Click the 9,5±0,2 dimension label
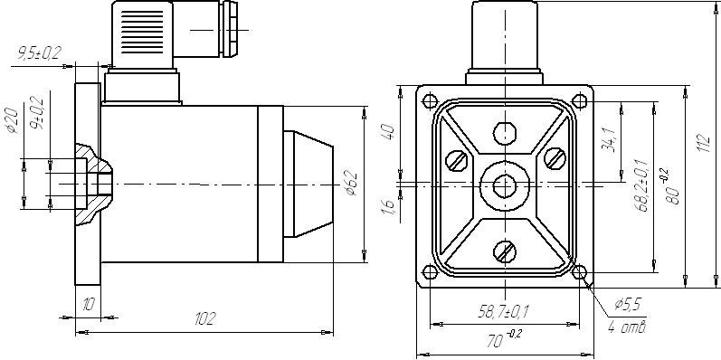tap(40, 52)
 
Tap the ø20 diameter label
tap(13, 120)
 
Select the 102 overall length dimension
tap(204, 318)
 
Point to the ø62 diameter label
tap(352, 183)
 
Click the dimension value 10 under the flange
tap(89, 304)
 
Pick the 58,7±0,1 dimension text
tap(504, 312)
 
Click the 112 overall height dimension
tap(705, 143)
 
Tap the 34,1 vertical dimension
tap(608, 140)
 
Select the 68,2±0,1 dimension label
tap(641, 185)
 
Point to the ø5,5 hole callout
tap(628, 304)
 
